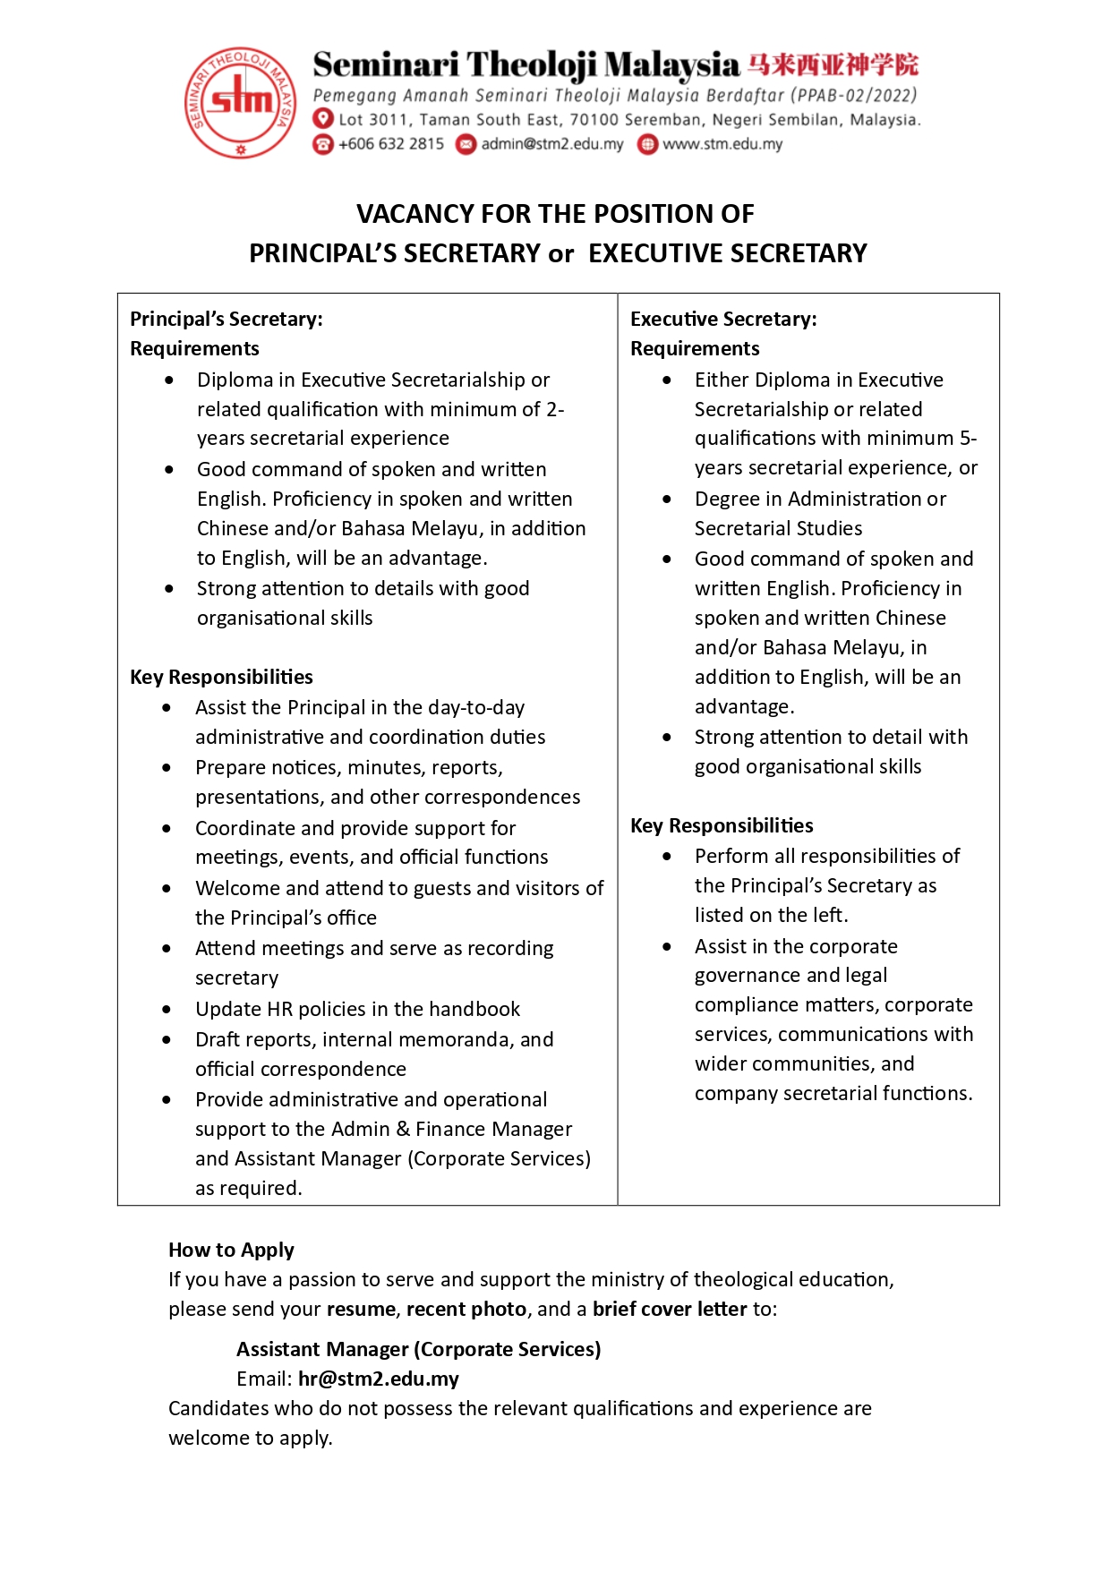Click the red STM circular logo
pos(240,102)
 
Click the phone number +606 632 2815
pos(390,144)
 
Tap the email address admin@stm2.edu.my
pos(551,144)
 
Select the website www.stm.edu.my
pos(722,144)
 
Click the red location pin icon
pos(323,119)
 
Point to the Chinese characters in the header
pos(833,64)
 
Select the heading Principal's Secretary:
pos(226,319)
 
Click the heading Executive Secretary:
pos(723,319)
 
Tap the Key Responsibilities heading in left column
pos(221,677)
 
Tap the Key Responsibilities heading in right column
pos(722,825)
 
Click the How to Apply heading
pos(231,1250)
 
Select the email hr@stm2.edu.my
pos(379,1379)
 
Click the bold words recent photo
pos(466,1309)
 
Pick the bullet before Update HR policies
pos(167,1009)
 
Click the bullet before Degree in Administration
pos(667,499)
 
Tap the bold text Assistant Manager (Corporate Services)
pos(418,1349)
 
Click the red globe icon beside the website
pos(647,144)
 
